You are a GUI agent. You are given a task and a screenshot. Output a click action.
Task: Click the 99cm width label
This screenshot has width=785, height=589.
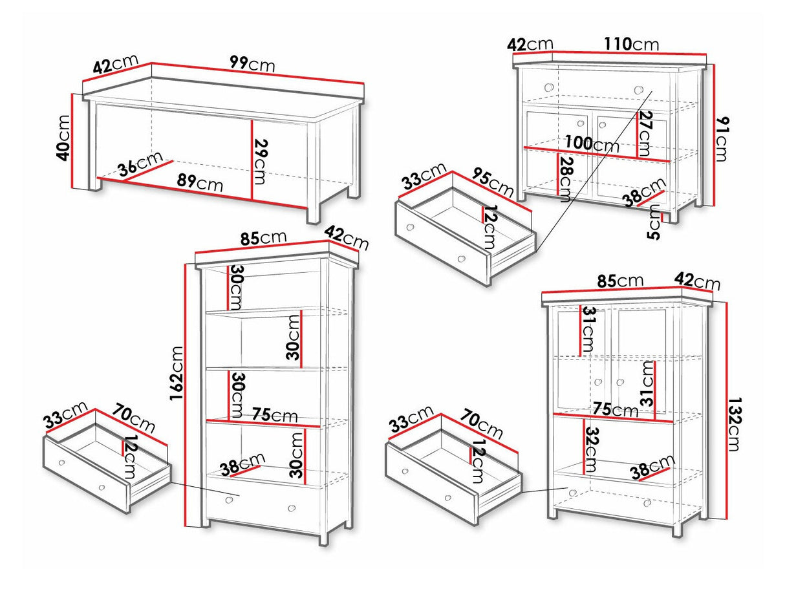tap(252, 64)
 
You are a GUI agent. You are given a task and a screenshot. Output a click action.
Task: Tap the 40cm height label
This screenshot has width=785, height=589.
tap(63, 138)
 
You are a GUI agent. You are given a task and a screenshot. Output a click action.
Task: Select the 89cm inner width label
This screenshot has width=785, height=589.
tap(200, 183)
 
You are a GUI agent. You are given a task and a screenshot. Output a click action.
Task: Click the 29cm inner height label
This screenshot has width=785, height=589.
tap(261, 162)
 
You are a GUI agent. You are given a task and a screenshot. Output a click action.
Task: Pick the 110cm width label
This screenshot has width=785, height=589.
tap(631, 45)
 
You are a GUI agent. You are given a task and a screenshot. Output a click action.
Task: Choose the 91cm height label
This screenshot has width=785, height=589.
tap(720, 140)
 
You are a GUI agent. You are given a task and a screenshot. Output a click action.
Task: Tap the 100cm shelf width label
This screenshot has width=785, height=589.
tap(592, 144)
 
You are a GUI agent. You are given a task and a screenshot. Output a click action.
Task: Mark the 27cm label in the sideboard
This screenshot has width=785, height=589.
tap(645, 134)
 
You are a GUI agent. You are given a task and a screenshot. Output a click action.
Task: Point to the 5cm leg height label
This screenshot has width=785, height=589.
tap(653, 222)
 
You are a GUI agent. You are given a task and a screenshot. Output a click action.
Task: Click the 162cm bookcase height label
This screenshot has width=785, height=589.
tap(177, 373)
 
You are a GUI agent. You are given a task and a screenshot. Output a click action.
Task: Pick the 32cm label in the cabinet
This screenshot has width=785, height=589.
tap(590, 450)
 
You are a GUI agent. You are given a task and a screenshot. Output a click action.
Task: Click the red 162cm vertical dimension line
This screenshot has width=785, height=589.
tap(185, 395)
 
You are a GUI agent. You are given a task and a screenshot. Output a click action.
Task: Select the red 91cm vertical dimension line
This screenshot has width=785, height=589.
tap(713, 135)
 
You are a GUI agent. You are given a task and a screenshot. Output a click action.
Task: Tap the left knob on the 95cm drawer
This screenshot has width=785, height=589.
tap(410, 228)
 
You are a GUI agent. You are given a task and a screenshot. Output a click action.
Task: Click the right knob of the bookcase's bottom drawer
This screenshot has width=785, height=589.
tap(292, 508)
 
